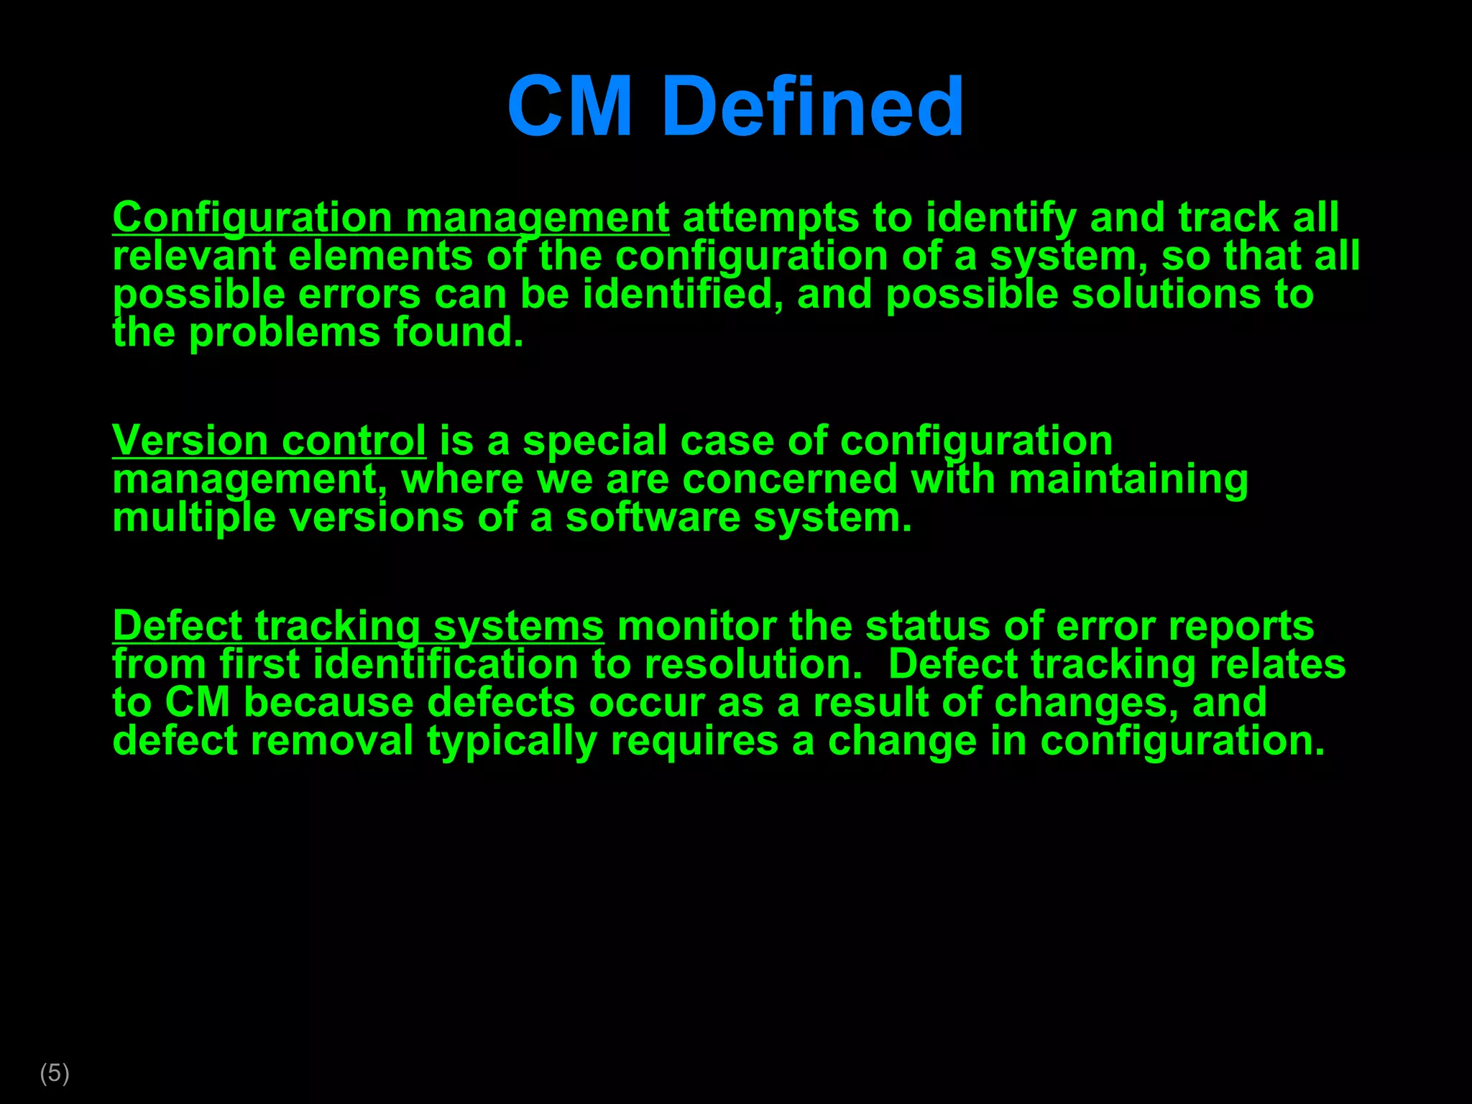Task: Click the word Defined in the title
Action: (812, 107)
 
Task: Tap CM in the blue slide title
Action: (570, 107)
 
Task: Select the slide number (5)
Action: (55, 1073)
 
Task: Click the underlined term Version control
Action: (269, 441)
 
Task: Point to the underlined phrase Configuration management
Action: (390, 218)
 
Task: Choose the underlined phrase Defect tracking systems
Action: (358, 626)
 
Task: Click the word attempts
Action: (770, 218)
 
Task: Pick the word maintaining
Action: (1128, 479)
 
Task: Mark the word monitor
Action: (696, 626)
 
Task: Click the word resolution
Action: (753, 664)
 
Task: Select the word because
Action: (328, 702)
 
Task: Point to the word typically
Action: (512, 741)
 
